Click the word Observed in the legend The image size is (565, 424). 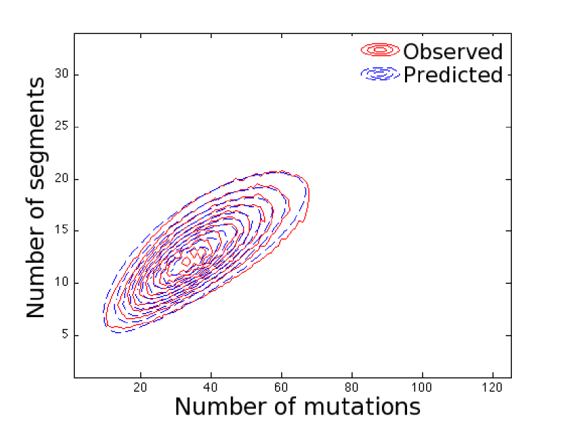coord(453,52)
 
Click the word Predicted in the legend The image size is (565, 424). coord(453,75)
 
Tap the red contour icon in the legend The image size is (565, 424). coord(380,50)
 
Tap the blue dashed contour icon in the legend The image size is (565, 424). coord(380,74)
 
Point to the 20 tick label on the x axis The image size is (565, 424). coord(140,388)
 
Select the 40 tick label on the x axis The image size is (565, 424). coord(210,388)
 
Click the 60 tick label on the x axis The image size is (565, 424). coord(281,388)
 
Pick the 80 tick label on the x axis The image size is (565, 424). coord(351,388)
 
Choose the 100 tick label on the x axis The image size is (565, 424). coord(421,388)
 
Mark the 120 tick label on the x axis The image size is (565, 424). coord(492,388)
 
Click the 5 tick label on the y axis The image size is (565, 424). coord(65,334)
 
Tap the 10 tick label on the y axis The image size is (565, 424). coord(62,282)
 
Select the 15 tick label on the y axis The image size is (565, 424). coord(62,230)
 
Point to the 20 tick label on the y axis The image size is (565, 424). coord(62,178)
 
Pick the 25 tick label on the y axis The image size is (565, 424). coord(62,126)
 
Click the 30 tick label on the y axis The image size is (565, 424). coord(62,74)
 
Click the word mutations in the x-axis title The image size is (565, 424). coord(362,407)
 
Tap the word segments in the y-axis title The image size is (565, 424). coord(37,133)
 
